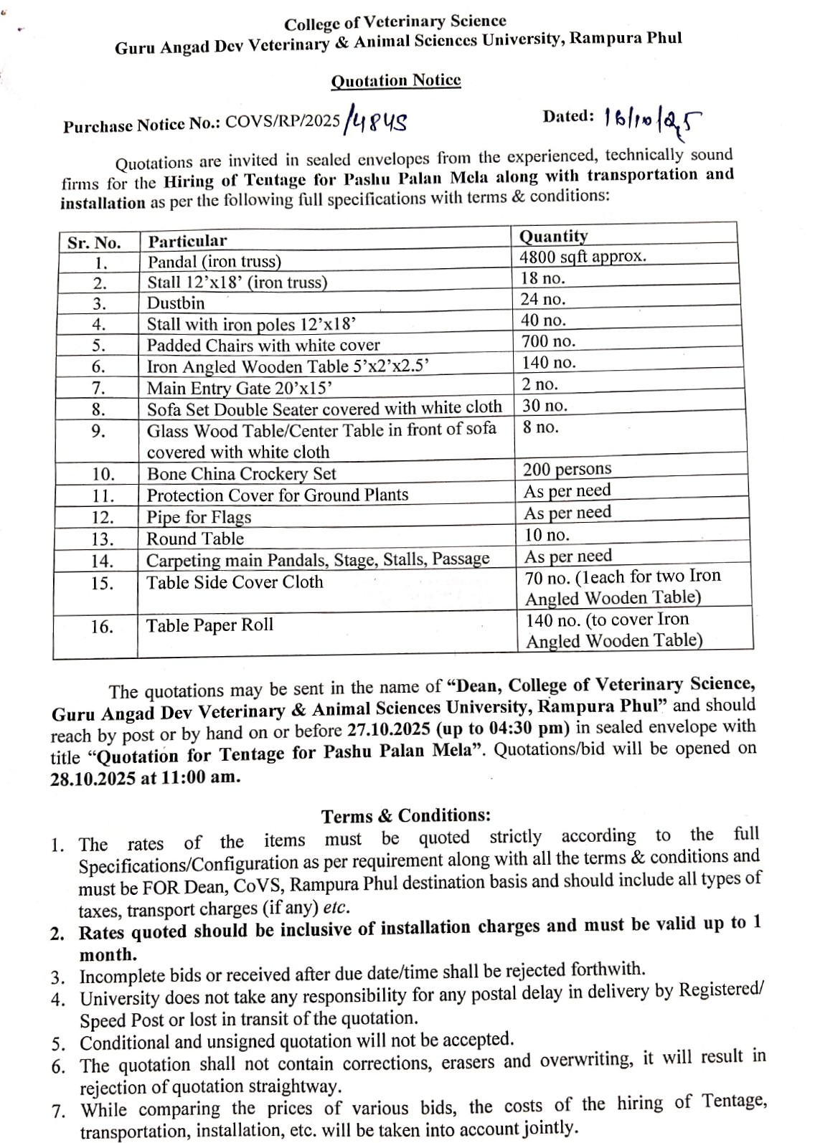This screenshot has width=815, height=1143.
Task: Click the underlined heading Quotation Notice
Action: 395,80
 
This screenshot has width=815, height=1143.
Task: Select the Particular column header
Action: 187,241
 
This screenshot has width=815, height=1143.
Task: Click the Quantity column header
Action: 553,236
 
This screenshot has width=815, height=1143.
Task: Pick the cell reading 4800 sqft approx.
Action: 583,257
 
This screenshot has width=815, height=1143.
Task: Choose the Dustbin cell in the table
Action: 176,303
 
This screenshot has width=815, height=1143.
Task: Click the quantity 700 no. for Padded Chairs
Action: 549,341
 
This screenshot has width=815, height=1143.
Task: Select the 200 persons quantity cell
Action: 567,469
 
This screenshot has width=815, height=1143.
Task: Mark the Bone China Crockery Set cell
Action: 241,474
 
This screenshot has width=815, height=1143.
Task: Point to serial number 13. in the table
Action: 102,539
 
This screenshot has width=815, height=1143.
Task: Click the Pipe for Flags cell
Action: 199,517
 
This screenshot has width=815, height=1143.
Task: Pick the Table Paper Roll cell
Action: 209,625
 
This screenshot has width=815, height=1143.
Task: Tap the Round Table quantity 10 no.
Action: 547,535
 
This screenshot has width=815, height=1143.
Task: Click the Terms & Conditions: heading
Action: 406,816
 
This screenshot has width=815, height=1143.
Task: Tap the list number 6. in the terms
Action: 59,1066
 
